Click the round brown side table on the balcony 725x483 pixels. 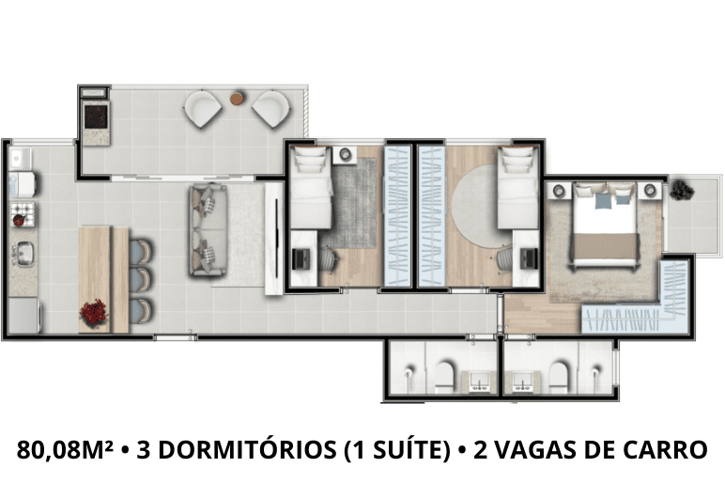237,99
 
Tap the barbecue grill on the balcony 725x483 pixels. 96,117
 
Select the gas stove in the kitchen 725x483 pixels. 23,214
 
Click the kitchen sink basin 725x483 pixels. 23,254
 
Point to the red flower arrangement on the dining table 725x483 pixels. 94,312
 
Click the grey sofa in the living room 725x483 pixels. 208,230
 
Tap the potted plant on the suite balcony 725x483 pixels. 682,190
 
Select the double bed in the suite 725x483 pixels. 604,226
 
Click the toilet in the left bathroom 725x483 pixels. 445,375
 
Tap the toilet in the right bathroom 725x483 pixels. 559,375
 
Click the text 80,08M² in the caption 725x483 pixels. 65,449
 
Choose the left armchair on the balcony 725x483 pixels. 203,109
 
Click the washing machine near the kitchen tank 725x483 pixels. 23,183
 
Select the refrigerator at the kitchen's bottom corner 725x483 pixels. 23,315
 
